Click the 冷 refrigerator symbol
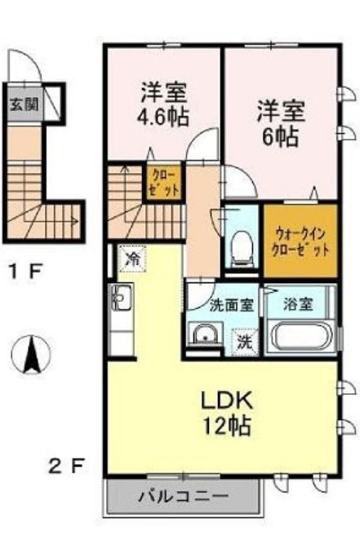(x=132, y=259)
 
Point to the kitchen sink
(x=121, y=301)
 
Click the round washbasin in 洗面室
(x=204, y=335)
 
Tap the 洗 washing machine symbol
(x=244, y=340)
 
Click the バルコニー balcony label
(x=183, y=495)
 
